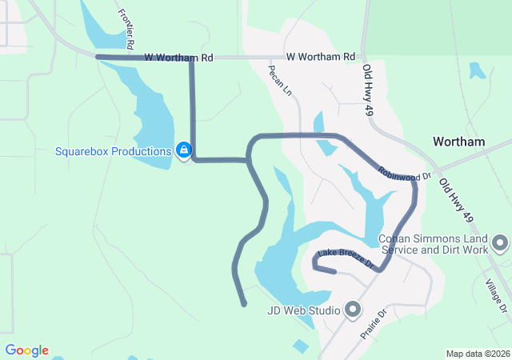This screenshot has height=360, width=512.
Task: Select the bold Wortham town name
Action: click(459, 142)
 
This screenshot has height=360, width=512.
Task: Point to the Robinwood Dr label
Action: click(405, 173)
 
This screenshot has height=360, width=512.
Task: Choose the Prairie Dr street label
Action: click(374, 324)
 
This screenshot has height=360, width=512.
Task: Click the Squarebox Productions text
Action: click(114, 151)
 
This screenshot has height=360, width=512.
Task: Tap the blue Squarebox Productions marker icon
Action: click(185, 150)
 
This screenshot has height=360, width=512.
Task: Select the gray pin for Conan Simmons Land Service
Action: click(501, 242)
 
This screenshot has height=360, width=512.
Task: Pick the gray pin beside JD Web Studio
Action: click(353, 310)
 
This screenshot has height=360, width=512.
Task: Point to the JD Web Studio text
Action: click(304, 310)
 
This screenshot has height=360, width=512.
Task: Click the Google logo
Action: click(26, 350)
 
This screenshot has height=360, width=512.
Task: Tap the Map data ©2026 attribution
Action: click(476, 354)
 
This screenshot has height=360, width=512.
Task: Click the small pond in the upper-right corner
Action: click(478, 71)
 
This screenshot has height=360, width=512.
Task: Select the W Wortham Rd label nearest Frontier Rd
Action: click(179, 58)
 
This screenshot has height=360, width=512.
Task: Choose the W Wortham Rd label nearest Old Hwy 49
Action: click(320, 57)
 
